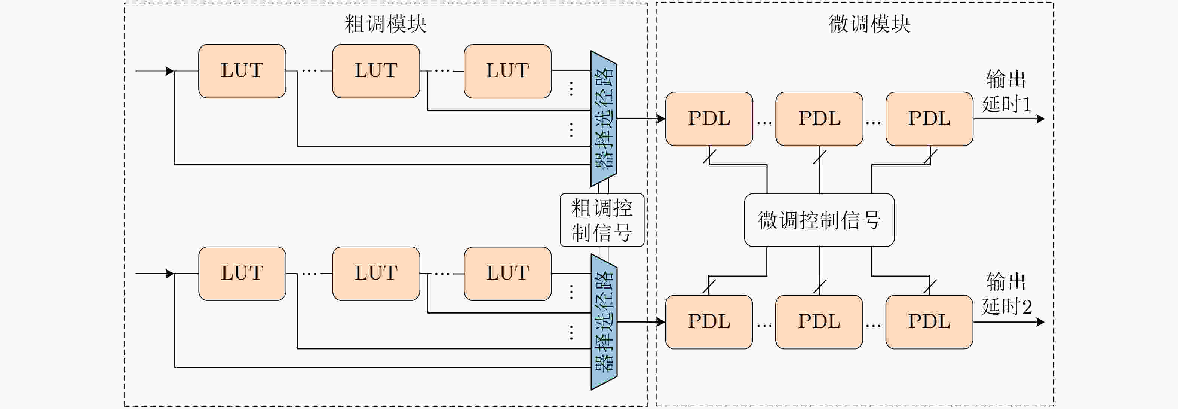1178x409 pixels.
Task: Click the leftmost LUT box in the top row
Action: [x=242, y=71]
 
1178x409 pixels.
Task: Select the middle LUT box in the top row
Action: [x=376, y=71]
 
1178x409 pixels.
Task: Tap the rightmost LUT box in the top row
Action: [x=507, y=71]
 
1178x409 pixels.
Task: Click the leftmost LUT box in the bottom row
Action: [x=242, y=274]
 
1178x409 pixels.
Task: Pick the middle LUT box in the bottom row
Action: [x=376, y=274]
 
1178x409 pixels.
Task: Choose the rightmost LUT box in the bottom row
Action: [x=507, y=274]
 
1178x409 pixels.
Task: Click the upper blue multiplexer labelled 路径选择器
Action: [x=604, y=119]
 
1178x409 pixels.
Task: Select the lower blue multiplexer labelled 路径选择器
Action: [x=604, y=321]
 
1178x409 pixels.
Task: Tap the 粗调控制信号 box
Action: [x=602, y=220]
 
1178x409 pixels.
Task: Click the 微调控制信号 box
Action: [x=819, y=220]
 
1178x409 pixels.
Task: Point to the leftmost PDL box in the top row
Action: [x=709, y=119]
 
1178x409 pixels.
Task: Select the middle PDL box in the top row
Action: [x=819, y=119]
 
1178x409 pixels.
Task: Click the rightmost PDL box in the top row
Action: [x=929, y=119]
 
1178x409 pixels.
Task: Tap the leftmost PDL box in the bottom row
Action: [x=709, y=321]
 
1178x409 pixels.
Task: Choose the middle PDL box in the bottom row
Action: [x=819, y=321]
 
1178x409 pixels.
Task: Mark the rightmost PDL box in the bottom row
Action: [x=929, y=321]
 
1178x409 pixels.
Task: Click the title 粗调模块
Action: [x=386, y=24]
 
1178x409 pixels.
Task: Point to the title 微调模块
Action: [x=869, y=24]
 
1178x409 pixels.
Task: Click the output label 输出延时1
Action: [x=1006, y=92]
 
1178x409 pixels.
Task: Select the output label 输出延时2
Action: [x=1006, y=294]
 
